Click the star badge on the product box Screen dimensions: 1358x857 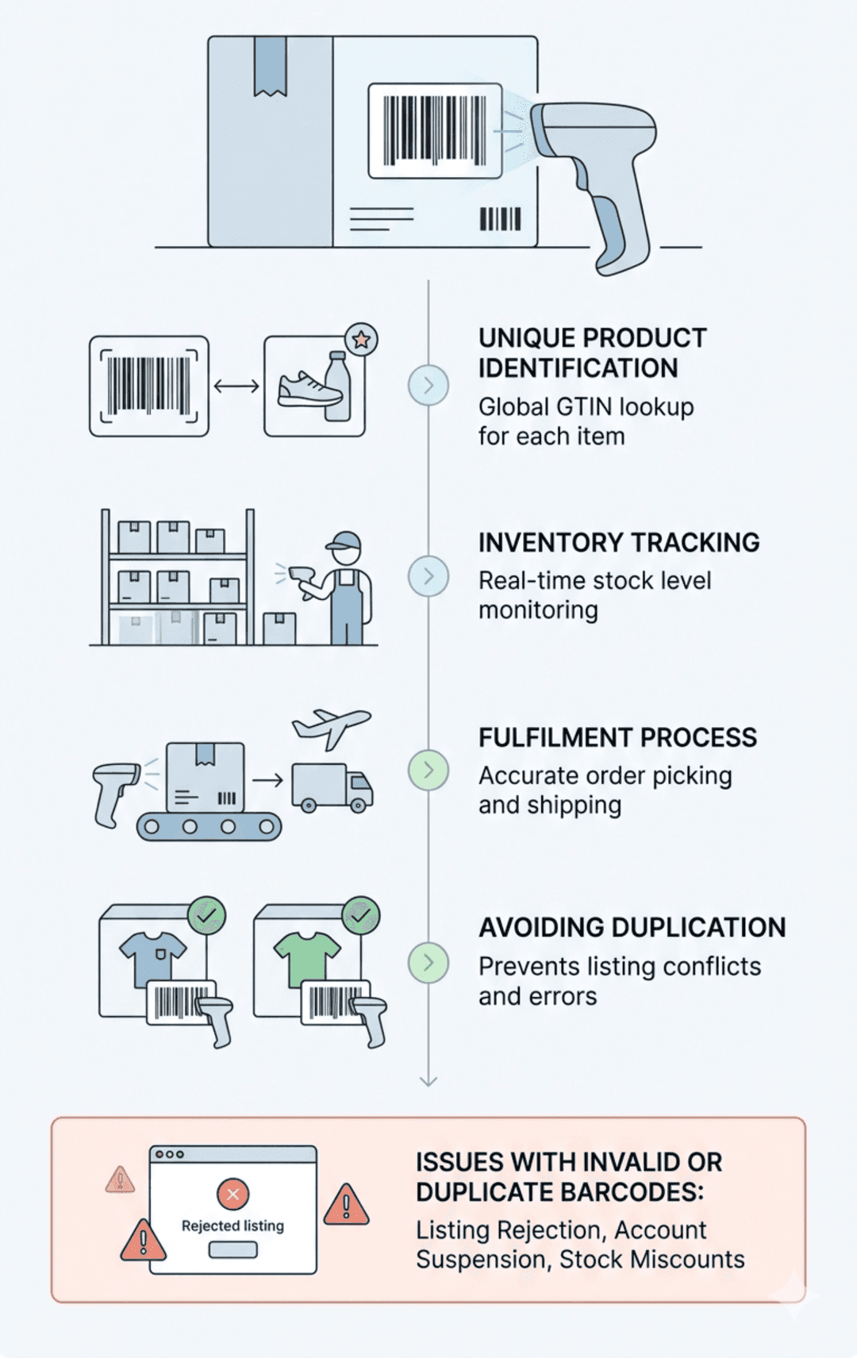point(361,340)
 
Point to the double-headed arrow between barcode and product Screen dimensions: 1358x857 point(236,387)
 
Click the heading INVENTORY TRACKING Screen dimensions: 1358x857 point(618,543)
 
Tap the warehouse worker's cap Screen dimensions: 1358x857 point(345,542)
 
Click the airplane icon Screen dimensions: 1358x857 point(331,727)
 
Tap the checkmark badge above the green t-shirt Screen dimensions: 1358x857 point(360,916)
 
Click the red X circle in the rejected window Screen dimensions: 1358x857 point(233,1194)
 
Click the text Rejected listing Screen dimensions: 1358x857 point(233,1225)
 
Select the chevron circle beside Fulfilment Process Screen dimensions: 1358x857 point(428,770)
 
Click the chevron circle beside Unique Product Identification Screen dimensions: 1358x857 point(428,386)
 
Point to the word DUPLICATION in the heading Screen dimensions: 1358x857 point(698,928)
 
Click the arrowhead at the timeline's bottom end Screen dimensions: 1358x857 point(428,1081)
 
